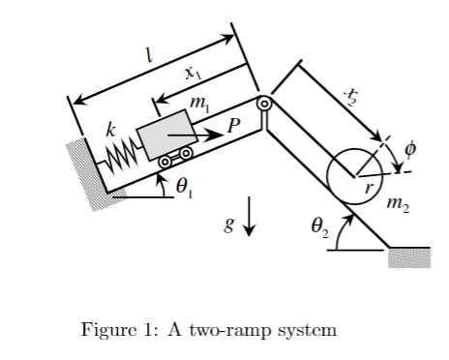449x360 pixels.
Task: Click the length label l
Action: pyautogui.click(x=147, y=57)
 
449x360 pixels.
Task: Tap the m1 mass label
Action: pyautogui.click(x=200, y=103)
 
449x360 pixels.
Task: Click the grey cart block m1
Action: pyautogui.click(x=165, y=132)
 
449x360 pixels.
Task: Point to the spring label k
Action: pyautogui.click(x=111, y=128)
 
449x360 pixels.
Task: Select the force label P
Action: pyautogui.click(x=231, y=125)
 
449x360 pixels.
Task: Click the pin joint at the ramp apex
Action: pyautogui.click(x=263, y=104)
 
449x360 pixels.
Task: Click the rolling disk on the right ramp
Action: pyautogui.click(x=354, y=174)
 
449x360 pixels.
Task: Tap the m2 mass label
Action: pyautogui.click(x=398, y=203)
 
